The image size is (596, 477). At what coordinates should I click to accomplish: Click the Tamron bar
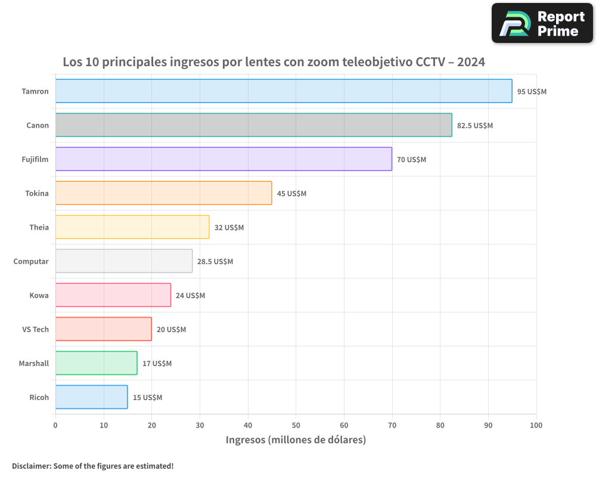pos(284,91)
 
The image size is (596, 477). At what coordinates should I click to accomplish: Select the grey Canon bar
pos(253,125)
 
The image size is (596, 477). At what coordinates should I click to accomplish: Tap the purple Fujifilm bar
pos(223,159)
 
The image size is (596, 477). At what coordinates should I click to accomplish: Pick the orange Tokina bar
pos(163,193)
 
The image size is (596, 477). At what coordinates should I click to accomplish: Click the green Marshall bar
pos(96,363)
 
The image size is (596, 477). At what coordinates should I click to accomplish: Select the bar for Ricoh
pos(91,397)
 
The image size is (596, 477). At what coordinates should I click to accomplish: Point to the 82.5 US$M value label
pos(475,126)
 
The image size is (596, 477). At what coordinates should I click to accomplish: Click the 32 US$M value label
pos(229,228)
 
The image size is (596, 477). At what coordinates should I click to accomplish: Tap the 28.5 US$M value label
pos(215,262)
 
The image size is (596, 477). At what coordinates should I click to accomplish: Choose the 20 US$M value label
pos(171,330)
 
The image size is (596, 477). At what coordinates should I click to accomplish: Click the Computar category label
pos(31,261)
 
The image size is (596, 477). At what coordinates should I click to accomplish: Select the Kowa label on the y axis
pos(39,295)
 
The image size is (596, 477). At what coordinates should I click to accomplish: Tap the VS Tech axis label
pos(35,329)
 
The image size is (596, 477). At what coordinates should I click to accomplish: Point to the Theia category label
pos(39,227)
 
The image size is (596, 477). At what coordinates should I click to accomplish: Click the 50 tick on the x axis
pos(296,425)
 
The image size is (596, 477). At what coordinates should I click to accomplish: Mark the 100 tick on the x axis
pos(536,425)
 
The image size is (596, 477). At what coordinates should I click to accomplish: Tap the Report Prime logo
pos(542,23)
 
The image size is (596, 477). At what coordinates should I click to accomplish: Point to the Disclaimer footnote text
pos(92,466)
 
